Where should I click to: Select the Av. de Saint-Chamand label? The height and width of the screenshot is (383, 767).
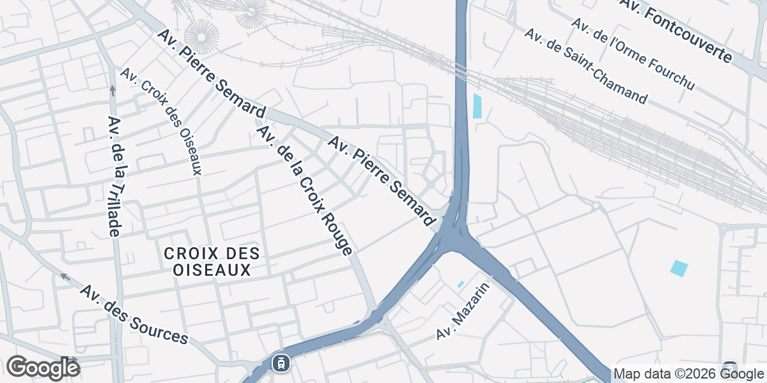click(585, 66)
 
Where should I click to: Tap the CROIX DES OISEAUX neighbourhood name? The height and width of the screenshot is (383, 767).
click(212, 262)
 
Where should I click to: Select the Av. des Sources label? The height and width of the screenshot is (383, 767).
click(134, 314)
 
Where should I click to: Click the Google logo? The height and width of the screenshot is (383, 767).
click(43, 368)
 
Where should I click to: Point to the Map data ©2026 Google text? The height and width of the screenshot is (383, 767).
click(688, 373)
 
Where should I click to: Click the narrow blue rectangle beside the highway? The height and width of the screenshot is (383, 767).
click(477, 105)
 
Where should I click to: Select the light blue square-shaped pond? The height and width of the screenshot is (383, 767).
click(679, 268)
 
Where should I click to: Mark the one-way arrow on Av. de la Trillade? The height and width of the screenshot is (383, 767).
click(112, 90)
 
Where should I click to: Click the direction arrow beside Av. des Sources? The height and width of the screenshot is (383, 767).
click(64, 276)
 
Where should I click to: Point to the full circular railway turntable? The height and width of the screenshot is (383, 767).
click(201, 36)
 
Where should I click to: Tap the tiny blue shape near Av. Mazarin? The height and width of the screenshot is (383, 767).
click(460, 284)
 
